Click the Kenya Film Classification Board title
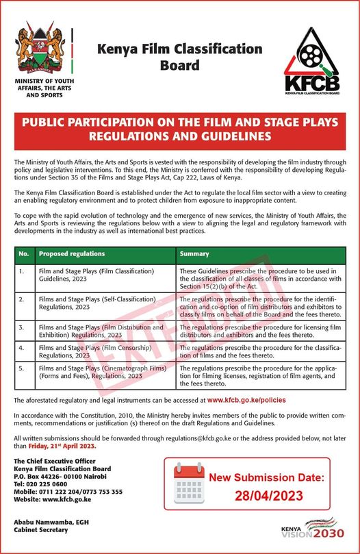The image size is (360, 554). coord(180,58)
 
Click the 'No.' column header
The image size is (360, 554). coord(23,254)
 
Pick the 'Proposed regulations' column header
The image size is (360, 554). coord(72,254)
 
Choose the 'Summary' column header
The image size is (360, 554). coord(194,254)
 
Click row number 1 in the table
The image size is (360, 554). coord(22,271)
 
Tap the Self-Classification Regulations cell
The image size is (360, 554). coord(96,303)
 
